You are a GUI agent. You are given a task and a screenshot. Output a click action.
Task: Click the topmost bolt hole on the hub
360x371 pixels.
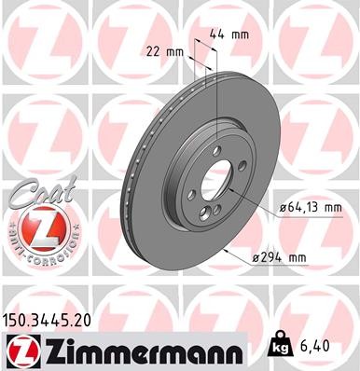(215, 148)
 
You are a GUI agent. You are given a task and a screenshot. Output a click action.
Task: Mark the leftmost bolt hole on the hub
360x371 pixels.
(191, 193)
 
